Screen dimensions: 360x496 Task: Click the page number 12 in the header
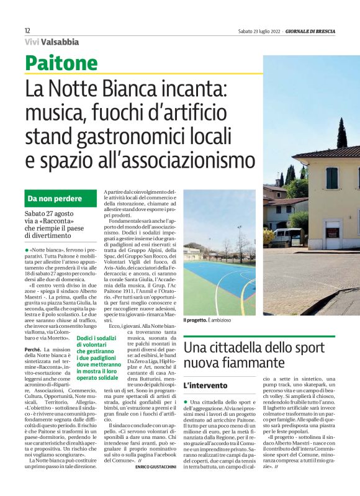click(27, 30)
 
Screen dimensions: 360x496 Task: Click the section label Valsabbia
click(60, 42)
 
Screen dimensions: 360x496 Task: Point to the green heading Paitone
click(62, 63)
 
